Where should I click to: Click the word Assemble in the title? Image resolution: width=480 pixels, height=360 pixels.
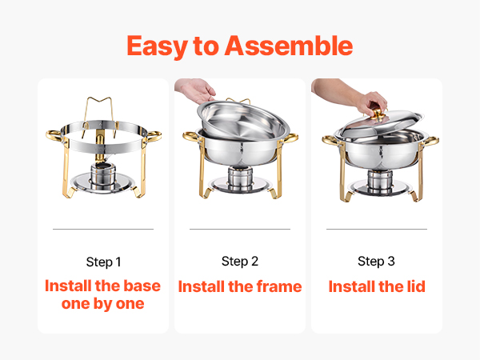[x=289, y=46]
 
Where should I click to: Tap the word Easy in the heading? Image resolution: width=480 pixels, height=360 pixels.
[x=157, y=46]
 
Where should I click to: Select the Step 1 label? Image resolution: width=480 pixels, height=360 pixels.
[x=103, y=262]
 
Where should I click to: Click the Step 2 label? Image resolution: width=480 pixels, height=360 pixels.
[x=240, y=262]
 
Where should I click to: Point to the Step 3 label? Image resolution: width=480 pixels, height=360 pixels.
[x=376, y=262]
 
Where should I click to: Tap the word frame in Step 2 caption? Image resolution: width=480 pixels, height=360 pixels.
[x=279, y=286]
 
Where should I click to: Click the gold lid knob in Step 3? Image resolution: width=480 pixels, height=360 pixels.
[x=378, y=114]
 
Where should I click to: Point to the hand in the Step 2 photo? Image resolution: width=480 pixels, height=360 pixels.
[x=196, y=90]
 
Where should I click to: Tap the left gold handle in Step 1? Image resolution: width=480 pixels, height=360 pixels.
[x=55, y=136]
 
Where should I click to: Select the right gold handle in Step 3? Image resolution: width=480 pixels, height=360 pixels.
[x=430, y=141]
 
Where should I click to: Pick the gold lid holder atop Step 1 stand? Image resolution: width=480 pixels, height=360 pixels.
[x=100, y=116]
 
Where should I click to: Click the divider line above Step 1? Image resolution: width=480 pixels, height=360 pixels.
[x=103, y=229]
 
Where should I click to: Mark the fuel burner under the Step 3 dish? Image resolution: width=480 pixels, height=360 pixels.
[x=380, y=182]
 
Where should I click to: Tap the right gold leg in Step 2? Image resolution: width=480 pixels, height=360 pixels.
[x=278, y=171]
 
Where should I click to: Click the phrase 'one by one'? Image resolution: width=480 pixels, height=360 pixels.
[x=103, y=304]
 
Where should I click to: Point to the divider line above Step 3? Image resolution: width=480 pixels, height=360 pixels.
[x=377, y=229]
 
